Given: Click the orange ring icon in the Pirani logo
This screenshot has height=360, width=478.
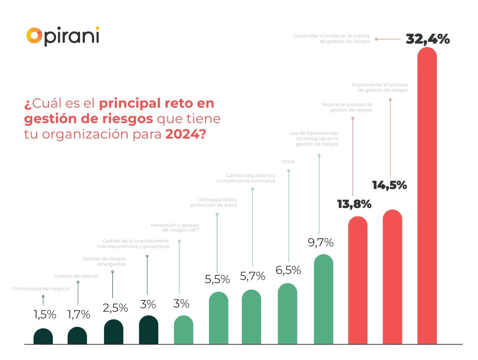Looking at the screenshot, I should pos(34,36).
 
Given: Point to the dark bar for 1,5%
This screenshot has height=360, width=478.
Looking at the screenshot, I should pos(43,336).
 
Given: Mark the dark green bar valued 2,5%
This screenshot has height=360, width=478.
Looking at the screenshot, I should pos(114,332).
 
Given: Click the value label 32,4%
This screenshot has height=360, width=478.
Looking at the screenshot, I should pos(427,39).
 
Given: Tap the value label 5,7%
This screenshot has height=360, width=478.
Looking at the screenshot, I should pos(252,276).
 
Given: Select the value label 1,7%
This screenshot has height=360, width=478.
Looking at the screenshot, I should pos(79,314).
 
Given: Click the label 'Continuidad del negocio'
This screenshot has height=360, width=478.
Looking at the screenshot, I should pos(41,289).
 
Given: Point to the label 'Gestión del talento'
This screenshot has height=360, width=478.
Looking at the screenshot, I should pos(76,276).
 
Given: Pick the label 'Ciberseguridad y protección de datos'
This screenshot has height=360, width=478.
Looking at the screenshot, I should pos(214,202).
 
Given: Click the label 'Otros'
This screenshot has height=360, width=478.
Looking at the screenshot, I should pos(288,162).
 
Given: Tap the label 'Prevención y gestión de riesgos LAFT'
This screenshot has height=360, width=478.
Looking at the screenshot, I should pos(175,228).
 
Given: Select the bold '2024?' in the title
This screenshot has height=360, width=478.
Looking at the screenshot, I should pos(185,134).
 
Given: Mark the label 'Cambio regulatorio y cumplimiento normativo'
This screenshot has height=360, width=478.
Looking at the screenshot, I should pos(246,178).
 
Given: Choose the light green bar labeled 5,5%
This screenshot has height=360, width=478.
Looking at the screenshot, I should pos(218,318).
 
